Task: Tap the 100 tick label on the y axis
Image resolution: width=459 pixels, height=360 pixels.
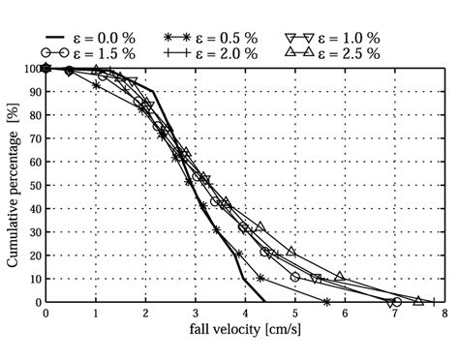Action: [29, 69]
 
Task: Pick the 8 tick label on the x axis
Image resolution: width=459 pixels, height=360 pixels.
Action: [444, 315]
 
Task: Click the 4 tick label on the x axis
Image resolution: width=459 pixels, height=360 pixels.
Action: [245, 315]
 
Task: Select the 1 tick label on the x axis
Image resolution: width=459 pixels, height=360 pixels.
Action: [96, 315]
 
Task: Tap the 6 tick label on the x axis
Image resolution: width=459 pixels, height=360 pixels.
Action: [345, 315]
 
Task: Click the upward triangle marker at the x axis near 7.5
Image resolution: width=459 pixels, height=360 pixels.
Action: [418, 301]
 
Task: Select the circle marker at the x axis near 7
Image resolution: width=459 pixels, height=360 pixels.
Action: [397, 302]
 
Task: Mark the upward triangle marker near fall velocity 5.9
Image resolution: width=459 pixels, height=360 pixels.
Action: [340, 276]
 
